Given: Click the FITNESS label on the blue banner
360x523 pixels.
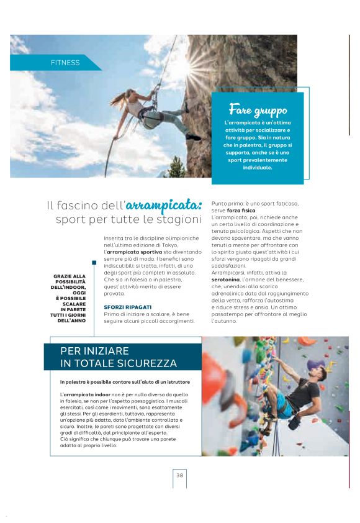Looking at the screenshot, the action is pyautogui.click(x=65, y=63).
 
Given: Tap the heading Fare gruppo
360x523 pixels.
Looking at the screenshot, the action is pyautogui.click(x=258, y=111).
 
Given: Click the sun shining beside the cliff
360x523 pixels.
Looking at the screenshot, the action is pyautogui.click(x=209, y=66).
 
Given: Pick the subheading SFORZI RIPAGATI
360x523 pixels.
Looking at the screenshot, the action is pyautogui.click(x=125, y=307).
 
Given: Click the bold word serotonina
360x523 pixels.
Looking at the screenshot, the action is pyautogui.click(x=229, y=281).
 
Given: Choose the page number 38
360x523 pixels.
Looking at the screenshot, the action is pyautogui.click(x=179, y=475).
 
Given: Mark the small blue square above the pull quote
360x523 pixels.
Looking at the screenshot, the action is pyautogui.click(x=94, y=263).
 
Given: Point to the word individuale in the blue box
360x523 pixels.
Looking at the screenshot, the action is pyautogui.click(x=258, y=167).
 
